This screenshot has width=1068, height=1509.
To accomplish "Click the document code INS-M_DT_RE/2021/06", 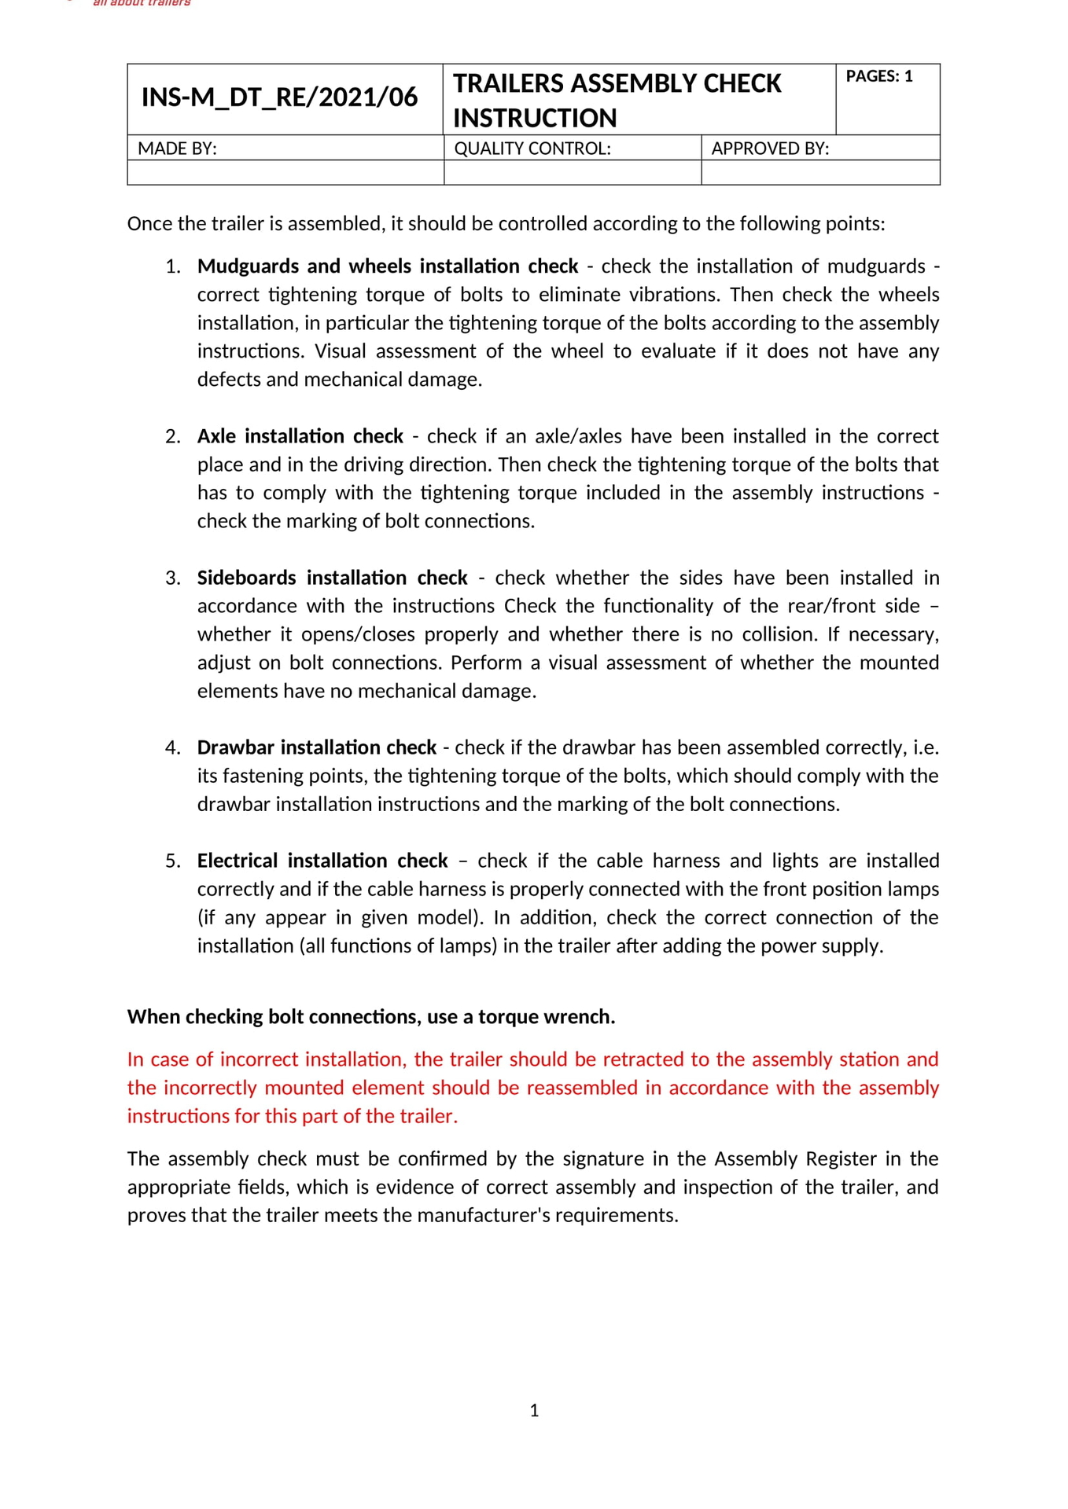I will coord(279,97).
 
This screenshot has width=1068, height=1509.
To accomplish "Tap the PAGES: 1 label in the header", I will coord(878,76).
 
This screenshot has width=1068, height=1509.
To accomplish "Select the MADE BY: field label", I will coord(177,149).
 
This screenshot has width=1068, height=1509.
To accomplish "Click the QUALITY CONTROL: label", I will coord(532,149).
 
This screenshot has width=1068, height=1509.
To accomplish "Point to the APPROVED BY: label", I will coord(769,149).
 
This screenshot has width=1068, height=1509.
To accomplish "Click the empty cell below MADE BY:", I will coord(285,173).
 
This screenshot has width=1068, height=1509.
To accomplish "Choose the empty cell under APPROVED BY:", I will coord(819,173).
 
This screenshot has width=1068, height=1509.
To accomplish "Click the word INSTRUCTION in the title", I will coord(534,118).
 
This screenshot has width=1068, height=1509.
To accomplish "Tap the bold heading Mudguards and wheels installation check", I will coord(387,266).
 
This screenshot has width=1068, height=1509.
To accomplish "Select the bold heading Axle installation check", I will coord(300,436).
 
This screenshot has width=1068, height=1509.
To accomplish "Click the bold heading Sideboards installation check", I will coord(332,578).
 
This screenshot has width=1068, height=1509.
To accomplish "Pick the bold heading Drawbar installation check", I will coord(316,747).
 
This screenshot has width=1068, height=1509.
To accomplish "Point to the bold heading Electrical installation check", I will coord(322,861).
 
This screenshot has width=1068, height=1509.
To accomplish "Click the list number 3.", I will coord(172,578).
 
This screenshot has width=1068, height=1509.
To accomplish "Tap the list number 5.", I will coord(172,861).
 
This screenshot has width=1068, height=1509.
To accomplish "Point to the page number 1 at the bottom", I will coord(534,1411).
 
